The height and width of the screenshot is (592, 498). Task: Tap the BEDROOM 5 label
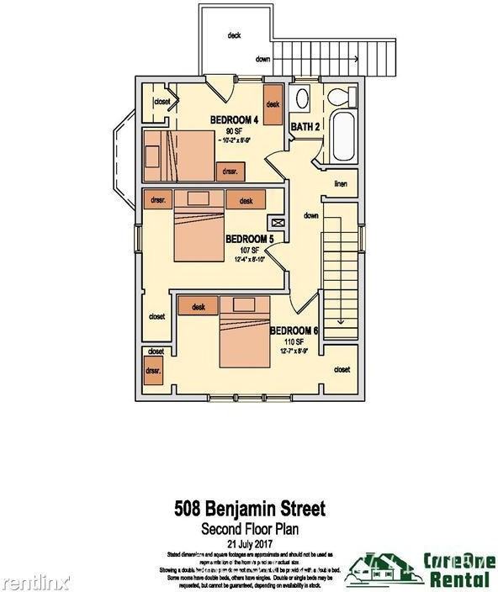tap(250, 239)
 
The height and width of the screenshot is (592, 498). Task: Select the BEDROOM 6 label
tap(294, 330)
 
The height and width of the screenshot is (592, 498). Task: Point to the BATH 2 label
tap(305, 127)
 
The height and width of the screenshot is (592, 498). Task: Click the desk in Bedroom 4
tap(273, 103)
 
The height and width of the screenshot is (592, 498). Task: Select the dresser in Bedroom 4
tap(230, 171)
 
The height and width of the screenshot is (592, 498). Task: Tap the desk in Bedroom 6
tap(199, 307)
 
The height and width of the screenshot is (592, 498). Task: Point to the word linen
tap(341, 183)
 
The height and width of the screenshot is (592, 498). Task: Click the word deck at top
tap(234, 35)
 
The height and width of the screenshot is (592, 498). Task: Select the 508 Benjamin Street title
tap(248, 509)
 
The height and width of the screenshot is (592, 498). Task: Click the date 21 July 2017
tap(248, 543)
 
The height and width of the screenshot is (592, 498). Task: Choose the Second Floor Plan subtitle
tap(248, 529)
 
